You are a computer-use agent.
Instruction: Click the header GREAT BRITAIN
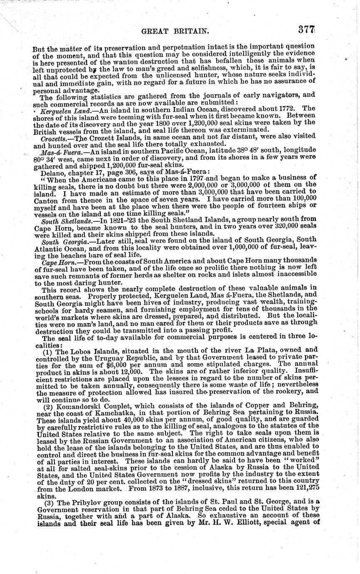point(169,31)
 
